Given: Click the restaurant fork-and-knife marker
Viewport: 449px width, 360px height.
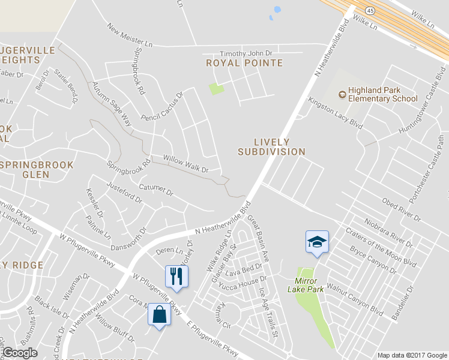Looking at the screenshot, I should coord(176,276).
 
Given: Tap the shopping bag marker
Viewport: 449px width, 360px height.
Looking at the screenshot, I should coord(159,314).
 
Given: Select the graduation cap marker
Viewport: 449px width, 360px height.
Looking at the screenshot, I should coord(317,242).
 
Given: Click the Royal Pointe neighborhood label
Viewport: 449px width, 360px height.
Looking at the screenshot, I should coord(244,62).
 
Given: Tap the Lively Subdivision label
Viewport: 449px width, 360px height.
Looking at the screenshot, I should coord(271,147).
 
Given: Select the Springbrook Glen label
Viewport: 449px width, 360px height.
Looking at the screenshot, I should coord(37,169).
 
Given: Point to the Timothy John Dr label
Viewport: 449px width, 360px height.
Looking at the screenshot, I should coord(246,53).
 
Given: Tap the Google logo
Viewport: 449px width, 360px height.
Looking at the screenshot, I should coord(20,353).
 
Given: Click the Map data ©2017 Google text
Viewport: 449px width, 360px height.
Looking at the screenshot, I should coord(412,355).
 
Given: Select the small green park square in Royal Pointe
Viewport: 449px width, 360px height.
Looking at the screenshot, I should coord(216,89).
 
